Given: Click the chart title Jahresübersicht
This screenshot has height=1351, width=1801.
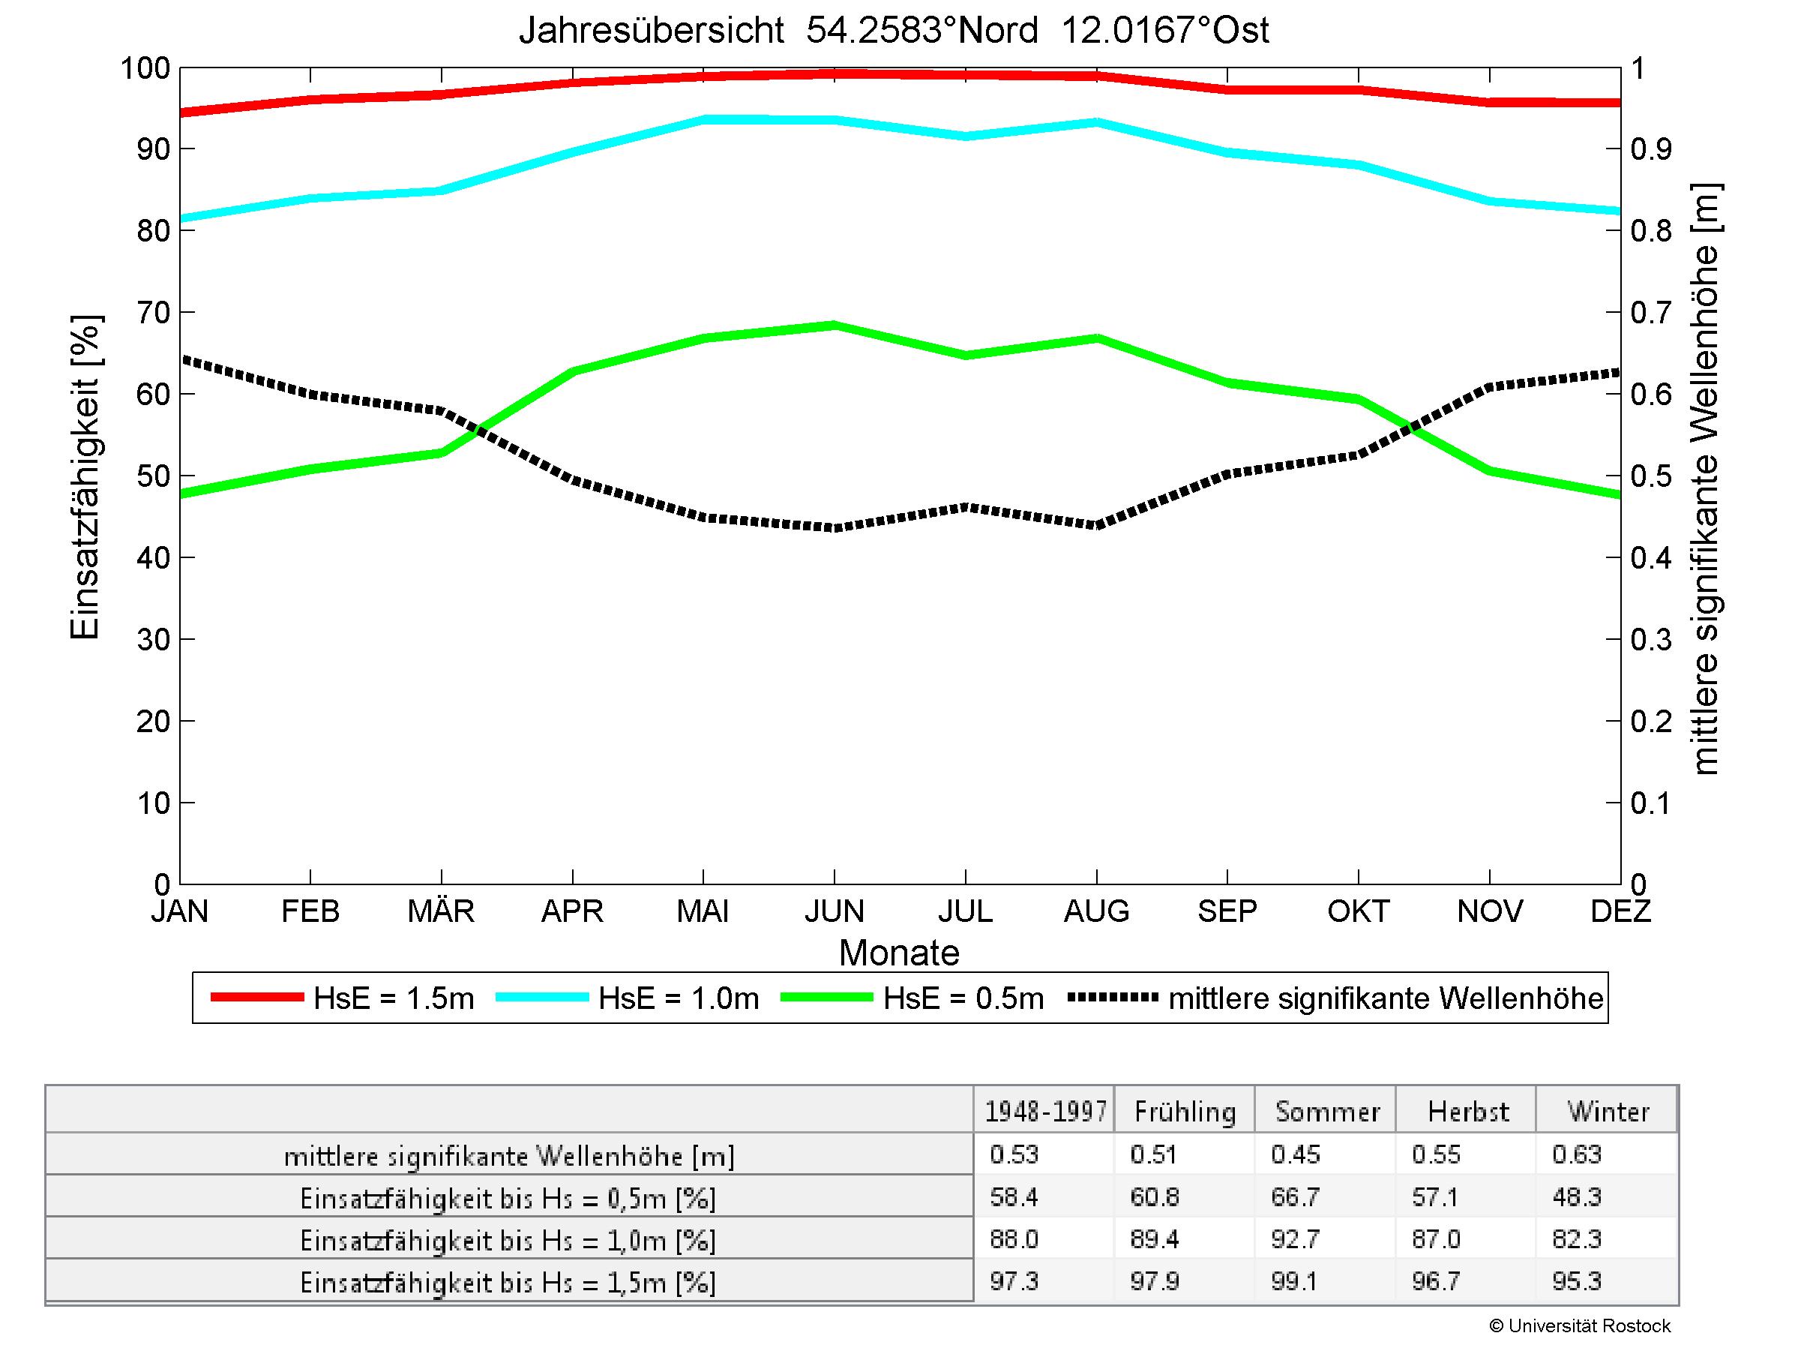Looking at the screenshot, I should coord(893,31).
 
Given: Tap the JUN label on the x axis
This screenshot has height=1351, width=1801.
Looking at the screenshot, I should coord(834,911).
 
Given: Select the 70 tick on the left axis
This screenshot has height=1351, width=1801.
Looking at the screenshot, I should coord(153,313).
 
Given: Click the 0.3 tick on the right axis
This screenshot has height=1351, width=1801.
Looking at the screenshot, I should coord(1650,640).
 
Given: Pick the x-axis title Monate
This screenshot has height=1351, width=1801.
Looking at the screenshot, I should coord(899,953).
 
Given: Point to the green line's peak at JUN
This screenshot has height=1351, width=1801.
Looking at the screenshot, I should coord(834,325).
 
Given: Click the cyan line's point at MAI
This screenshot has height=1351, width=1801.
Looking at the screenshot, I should coord(703,119).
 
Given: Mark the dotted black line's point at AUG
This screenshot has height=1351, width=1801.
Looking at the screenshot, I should coord(1097,525).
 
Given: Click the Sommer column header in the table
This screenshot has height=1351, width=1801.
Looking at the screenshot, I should coord(1327,1112).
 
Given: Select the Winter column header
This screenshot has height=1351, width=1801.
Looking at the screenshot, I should coord(1608,1112).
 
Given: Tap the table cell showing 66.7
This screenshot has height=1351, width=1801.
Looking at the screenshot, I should coord(1295,1197).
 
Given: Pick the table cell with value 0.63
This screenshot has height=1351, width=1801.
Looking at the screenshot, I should coord(1577,1154).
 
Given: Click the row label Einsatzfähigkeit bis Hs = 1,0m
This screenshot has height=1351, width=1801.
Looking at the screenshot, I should coord(508,1240).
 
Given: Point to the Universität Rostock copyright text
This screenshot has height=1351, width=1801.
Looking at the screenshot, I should coord(1580,1325).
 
